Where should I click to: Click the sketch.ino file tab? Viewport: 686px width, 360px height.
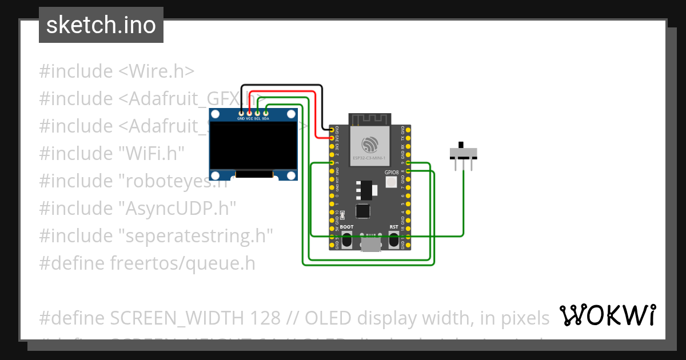coord(101,25)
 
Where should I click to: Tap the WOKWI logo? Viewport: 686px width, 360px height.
coord(607,315)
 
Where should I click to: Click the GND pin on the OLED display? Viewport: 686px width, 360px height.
coord(241,114)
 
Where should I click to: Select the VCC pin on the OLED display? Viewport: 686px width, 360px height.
coord(249,114)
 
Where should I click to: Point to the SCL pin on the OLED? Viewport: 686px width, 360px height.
coord(257,114)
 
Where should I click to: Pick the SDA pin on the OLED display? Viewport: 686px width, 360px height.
coord(266,114)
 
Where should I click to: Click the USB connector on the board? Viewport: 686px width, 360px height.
coord(371,244)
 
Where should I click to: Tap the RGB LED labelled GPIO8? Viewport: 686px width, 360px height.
coord(392,182)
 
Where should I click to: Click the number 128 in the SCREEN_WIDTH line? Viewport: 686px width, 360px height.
coord(265,318)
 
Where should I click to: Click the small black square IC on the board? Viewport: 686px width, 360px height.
coord(362,211)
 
